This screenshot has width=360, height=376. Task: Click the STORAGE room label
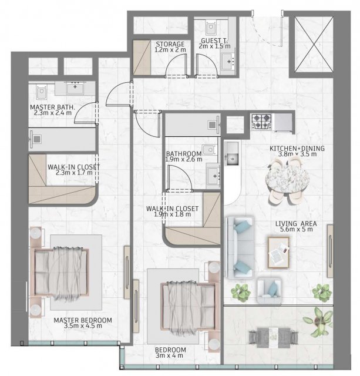[x=170, y=44]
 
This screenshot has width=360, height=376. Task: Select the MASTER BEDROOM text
[x=83, y=320]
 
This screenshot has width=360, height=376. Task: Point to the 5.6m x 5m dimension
[x=297, y=229]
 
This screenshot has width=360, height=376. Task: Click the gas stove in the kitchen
[x=261, y=122]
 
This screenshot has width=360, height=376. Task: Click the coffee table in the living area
[x=278, y=253]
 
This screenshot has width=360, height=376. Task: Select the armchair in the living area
[x=269, y=291]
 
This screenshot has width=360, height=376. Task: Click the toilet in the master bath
[x=42, y=92]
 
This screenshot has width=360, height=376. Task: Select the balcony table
[x=274, y=337]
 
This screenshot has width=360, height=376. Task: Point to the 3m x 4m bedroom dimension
[x=169, y=355]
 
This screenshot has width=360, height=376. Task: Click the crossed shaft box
[x=314, y=44]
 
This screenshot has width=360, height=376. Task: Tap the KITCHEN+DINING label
[x=297, y=148]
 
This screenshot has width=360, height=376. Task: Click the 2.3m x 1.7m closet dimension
[x=74, y=173]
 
